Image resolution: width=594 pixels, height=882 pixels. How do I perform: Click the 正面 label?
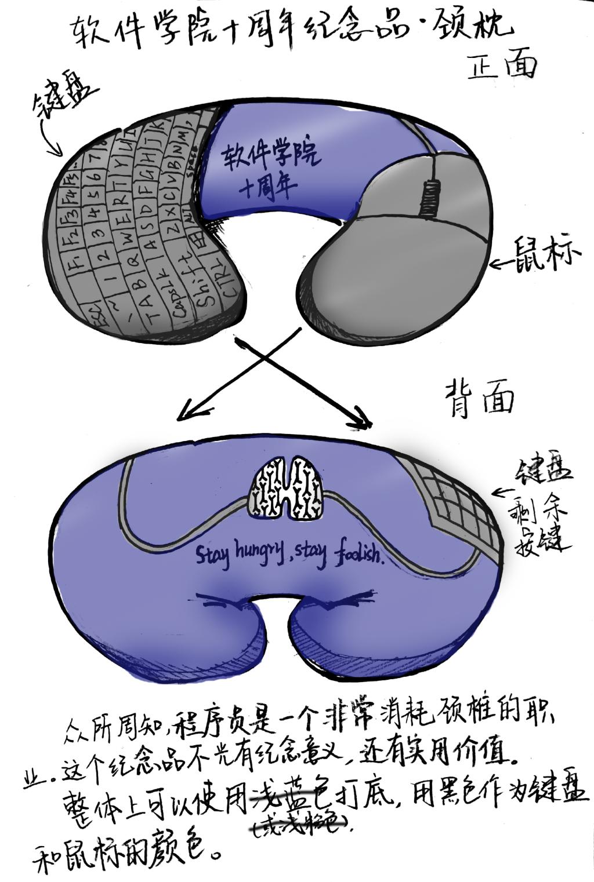pyautogui.click(x=502, y=66)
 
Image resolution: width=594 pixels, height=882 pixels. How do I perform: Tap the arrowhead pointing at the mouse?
pyautogui.click(x=496, y=264)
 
